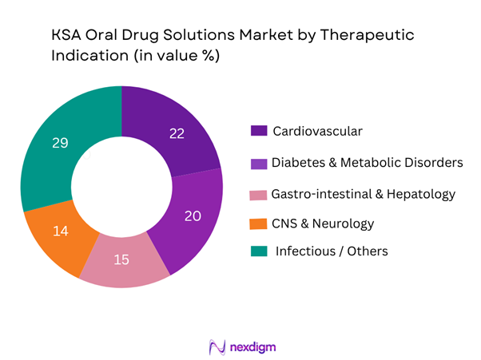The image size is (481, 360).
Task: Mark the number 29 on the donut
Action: [59, 144]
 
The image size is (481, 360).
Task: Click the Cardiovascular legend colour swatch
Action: [257, 131]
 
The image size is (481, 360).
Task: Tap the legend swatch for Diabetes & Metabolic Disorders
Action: [257, 163]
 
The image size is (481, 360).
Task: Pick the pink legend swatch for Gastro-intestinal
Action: [257, 193]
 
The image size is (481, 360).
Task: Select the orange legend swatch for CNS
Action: [257, 223]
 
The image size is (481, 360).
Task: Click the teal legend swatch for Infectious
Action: [257, 251]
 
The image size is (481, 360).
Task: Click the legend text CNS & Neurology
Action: [322, 223]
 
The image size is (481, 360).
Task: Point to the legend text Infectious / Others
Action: [332, 251]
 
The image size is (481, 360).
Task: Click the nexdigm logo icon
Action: [217, 347]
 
